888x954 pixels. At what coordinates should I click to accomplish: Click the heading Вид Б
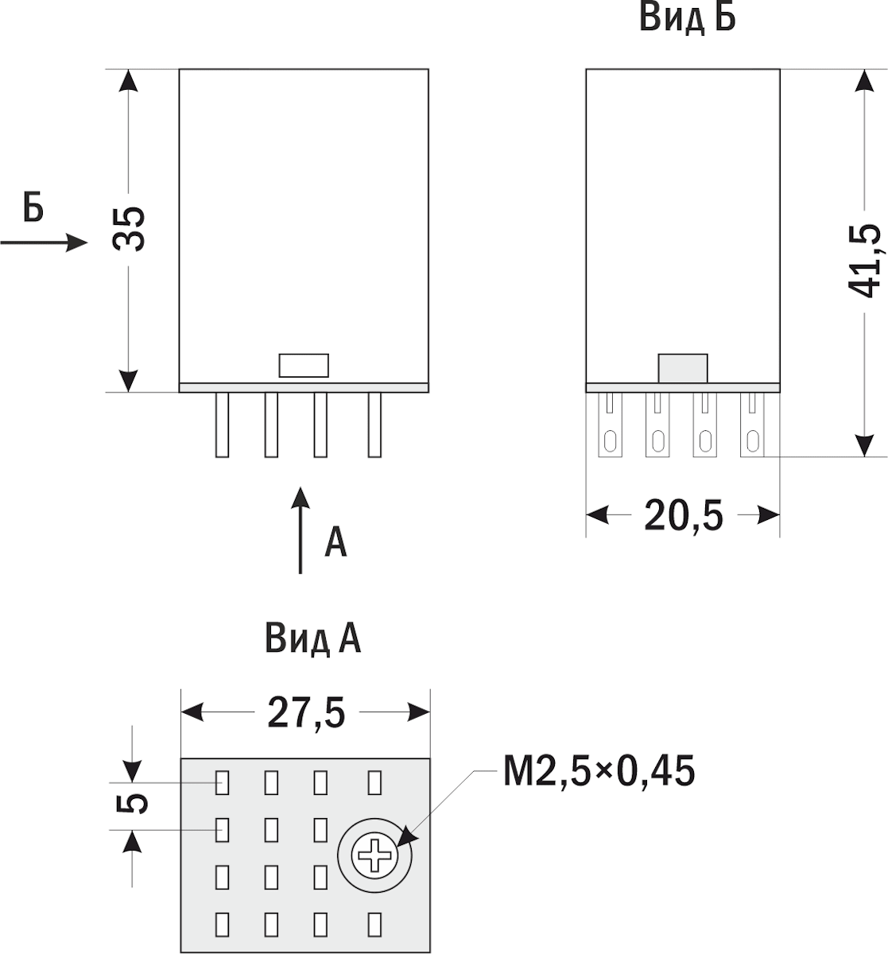click(687, 18)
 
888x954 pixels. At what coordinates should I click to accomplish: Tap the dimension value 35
click(129, 229)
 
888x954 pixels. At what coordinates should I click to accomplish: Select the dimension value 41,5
click(864, 261)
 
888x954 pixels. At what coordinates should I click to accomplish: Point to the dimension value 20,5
click(684, 516)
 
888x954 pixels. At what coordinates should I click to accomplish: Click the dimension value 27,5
click(307, 713)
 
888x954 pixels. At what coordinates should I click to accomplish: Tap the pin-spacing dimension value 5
click(132, 803)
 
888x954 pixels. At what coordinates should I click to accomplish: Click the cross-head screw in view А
click(374, 855)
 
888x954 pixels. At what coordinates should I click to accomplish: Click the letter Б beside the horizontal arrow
click(33, 207)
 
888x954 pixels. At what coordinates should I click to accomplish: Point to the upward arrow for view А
click(301, 530)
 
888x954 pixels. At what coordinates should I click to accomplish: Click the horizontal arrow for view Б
click(45, 242)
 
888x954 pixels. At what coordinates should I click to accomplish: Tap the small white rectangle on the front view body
click(304, 366)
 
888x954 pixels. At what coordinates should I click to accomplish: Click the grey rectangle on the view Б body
click(683, 368)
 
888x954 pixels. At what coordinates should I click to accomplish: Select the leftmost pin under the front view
click(222, 425)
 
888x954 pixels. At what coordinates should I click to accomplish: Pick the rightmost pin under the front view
click(374, 425)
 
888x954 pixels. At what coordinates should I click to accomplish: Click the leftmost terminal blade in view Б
click(610, 425)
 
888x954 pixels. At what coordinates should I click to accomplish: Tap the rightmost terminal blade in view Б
click(753, 425)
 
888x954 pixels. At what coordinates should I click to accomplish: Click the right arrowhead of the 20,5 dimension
click(769, 515)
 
